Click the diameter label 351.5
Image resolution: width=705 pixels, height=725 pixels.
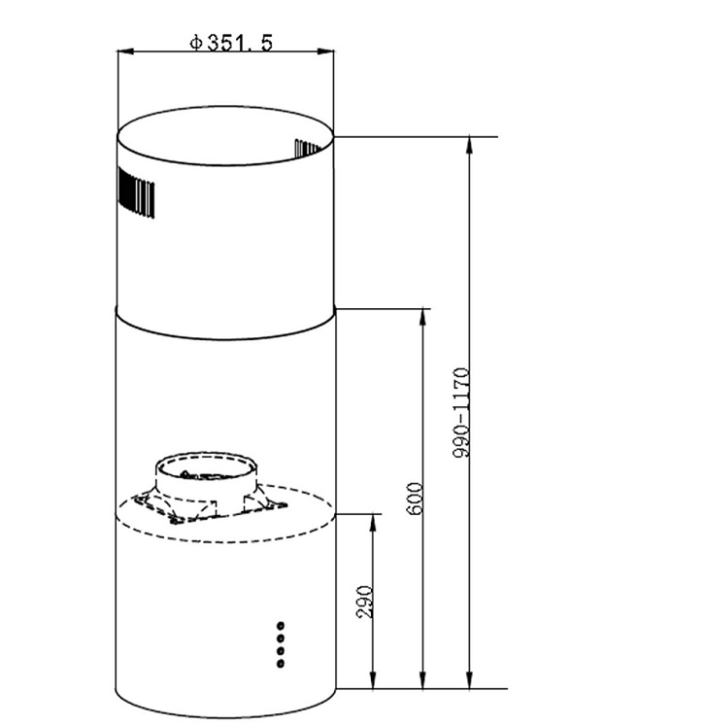pos(240,43)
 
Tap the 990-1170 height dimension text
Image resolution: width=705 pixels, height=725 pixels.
pos(461,412)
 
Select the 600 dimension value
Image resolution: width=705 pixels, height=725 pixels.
pos(415,499)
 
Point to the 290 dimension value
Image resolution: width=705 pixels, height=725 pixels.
pos(364,602)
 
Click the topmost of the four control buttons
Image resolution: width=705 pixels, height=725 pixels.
pos(281,626)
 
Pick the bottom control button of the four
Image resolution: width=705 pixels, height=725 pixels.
pos(281,664)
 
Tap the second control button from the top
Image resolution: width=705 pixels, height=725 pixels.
pos(281,639)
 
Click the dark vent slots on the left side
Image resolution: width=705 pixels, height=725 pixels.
pos(136,191)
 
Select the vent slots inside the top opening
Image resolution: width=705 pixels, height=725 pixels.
pos(308,148)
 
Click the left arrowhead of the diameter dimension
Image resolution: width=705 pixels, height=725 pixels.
pos(124,52)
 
